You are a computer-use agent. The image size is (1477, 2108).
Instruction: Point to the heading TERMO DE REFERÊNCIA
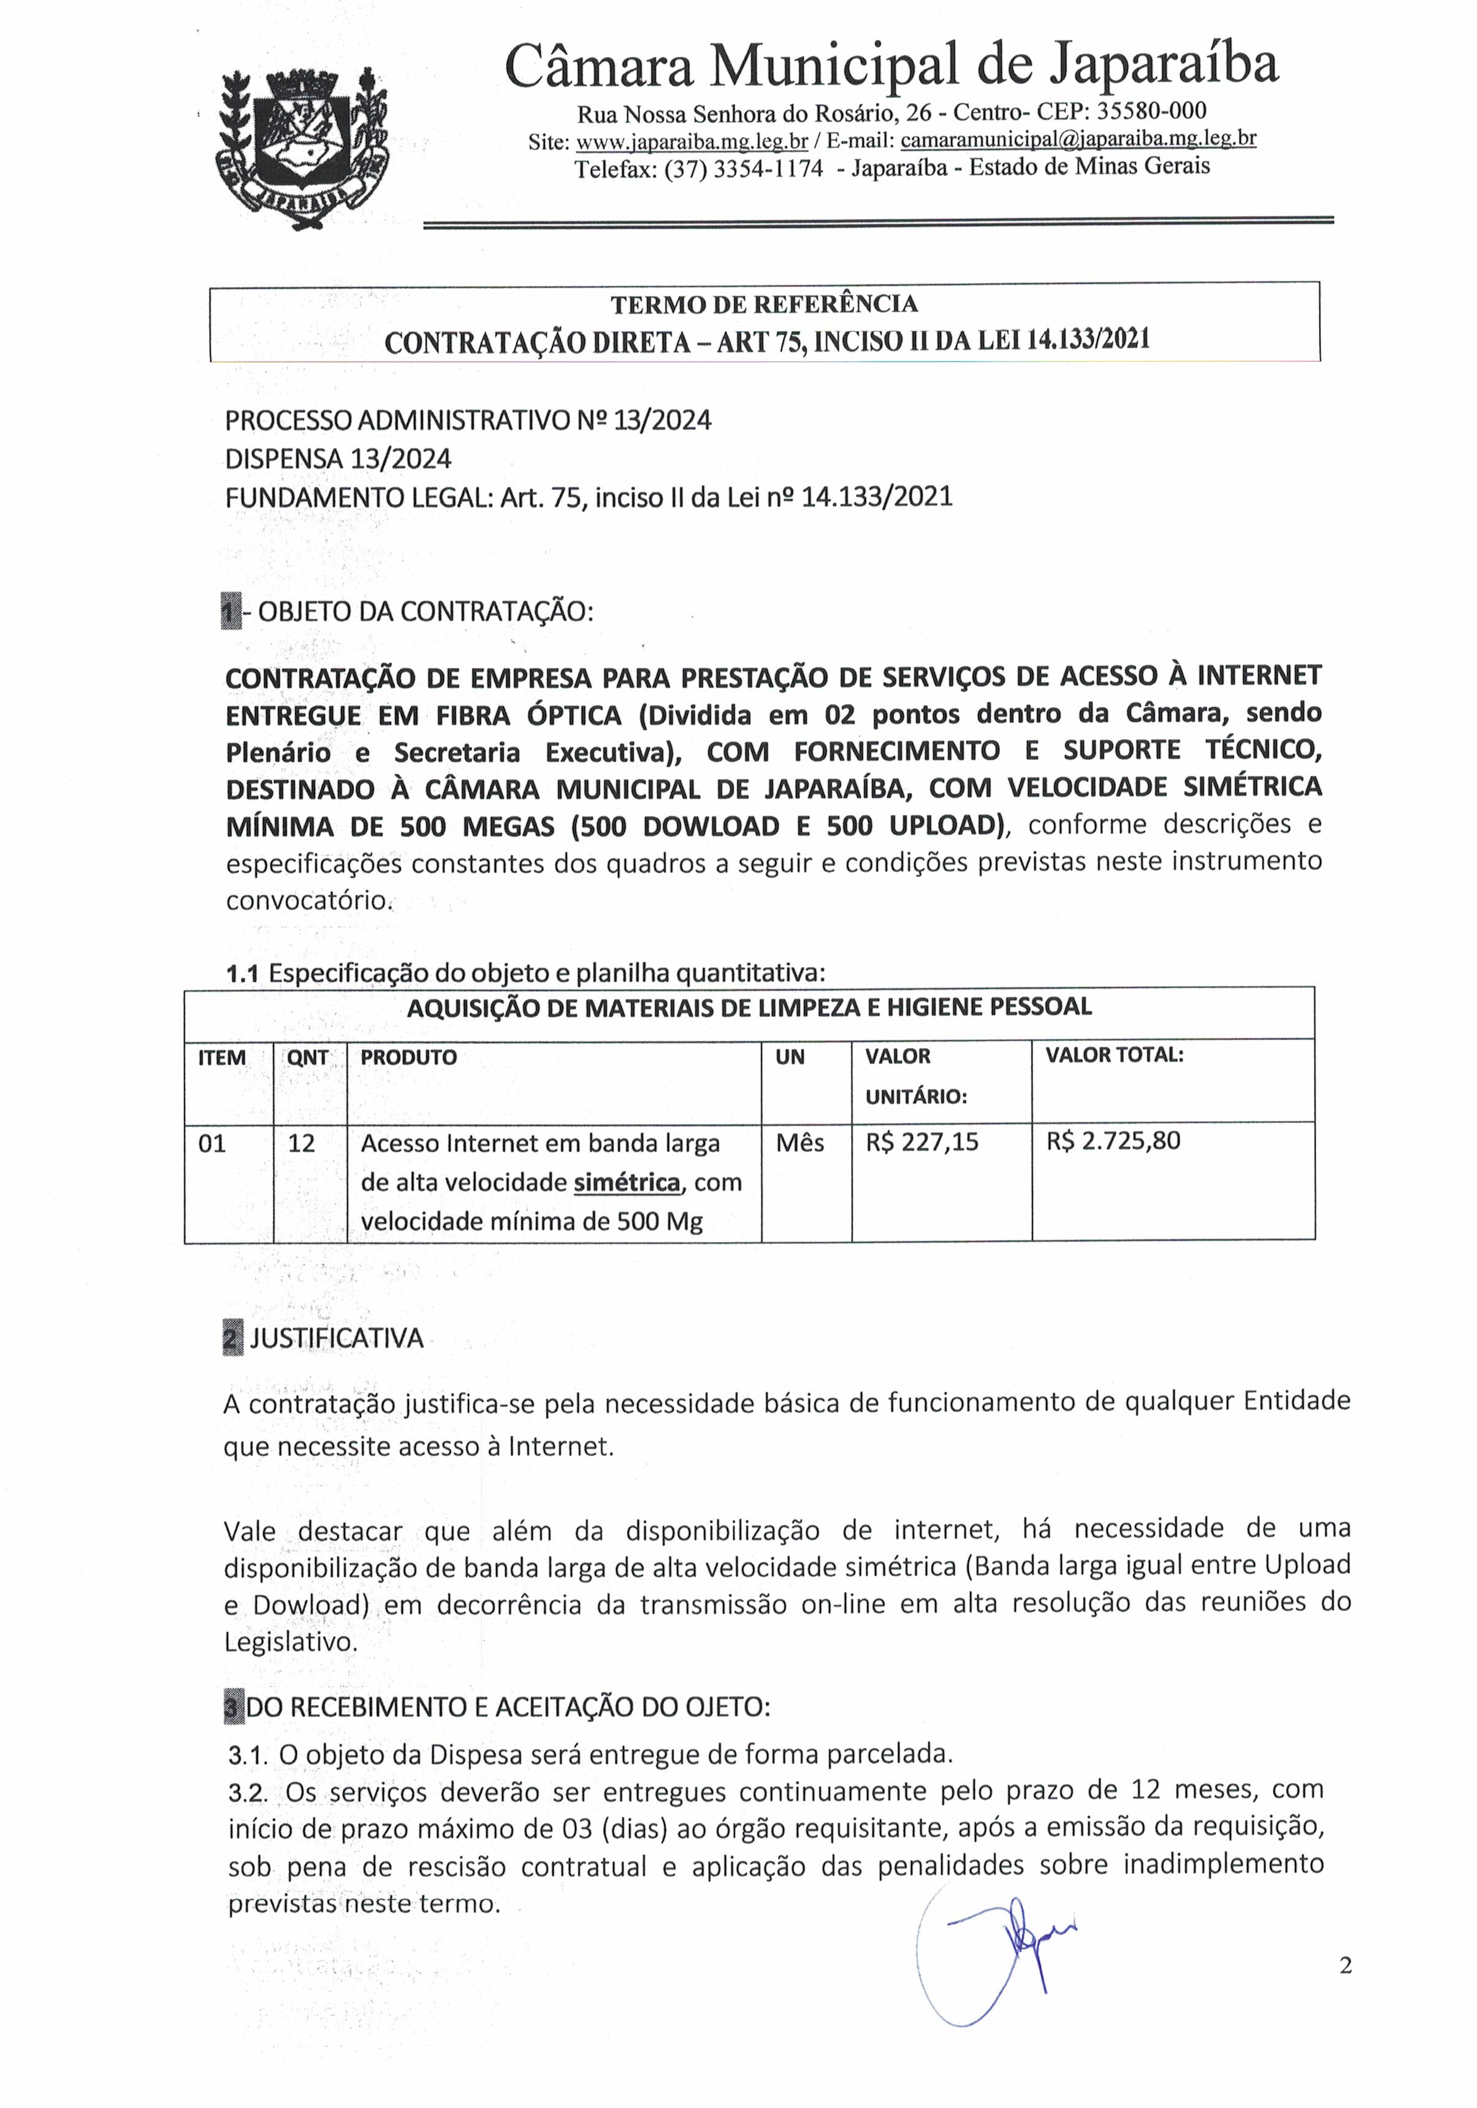[x=764, y=304]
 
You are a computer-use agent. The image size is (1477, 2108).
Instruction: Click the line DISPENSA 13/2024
[x=338, y=458]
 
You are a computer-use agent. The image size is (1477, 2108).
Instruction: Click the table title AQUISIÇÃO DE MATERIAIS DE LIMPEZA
[x=749, y=1007]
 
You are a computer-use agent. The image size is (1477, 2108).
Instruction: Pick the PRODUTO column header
[x=408, y=1057]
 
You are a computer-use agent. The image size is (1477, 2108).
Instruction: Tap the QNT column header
[x=308, y=1057]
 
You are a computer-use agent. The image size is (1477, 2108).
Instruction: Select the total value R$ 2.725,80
[x=1113, y=1141]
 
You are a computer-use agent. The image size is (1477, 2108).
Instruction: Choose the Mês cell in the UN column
[x=800, y=1143]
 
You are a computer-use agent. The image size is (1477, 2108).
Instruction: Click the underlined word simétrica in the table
[x=627, y=1182]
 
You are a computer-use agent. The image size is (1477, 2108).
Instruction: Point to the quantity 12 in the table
[x=301, y=1143]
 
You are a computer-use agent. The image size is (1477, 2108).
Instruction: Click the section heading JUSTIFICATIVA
[x=336, y=1339]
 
